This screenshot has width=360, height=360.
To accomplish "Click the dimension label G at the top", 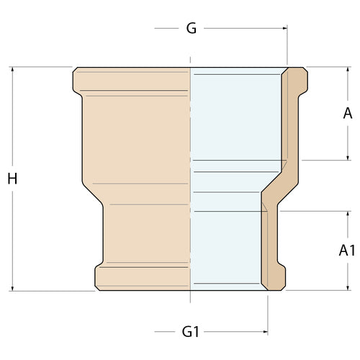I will pyautogui.click(x=191, y=28).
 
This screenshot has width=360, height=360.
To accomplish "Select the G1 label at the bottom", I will pyautogui.click(x=190, y=332).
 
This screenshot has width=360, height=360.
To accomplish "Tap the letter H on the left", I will pyautogui.click(x=12, y=179).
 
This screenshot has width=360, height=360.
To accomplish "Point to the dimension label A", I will pyautogui.click(x=348, y=113).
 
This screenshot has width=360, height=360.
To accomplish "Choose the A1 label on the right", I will pyautogui.click(x=347, y=251).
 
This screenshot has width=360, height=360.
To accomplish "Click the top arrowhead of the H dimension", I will pyautogui.click(x=12, y=71).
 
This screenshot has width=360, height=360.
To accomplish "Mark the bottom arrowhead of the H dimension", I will pyautogui.click(x=12, y=288).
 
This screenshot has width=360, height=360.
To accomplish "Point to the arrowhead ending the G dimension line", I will pyautogui.click(x=284, y=29).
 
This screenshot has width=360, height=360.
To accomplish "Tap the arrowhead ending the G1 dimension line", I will pyautogui.click(x=264, y=332).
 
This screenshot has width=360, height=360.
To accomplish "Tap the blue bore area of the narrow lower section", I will pyautogui.click(x=227, y=245).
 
